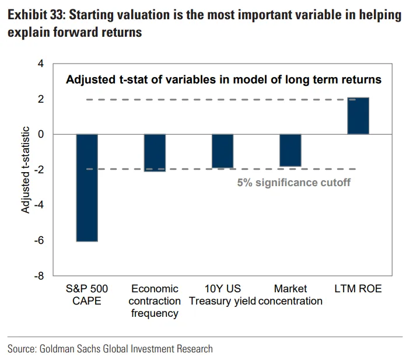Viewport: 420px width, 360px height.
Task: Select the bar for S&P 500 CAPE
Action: (x=87, y=187)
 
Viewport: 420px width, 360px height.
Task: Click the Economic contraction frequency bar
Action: (x=155, y=153)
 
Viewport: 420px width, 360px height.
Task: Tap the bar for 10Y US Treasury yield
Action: (x=222, y=151)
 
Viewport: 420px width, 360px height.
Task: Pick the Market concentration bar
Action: (x=290, y=151)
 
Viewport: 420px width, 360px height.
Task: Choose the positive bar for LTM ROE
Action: (x=358, y=116)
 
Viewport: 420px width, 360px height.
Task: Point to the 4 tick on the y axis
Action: (x=40, y=64)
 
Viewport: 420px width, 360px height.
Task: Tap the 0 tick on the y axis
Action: (x=40, y=134)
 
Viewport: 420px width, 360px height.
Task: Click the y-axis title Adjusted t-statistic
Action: (x=26, y=169)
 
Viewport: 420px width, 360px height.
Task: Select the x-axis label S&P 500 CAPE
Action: (x=87, y=295)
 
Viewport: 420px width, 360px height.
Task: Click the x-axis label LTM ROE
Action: (x=358, y=289)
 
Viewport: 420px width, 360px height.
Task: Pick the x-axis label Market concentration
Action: (x=290, y=295)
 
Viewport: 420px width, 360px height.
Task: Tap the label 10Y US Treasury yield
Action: (x=222, y=295)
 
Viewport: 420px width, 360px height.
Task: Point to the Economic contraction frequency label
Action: (x=155, y=301)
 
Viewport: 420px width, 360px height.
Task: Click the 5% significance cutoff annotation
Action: (x=293, y=183)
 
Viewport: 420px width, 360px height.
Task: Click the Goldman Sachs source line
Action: (x=110, y=349)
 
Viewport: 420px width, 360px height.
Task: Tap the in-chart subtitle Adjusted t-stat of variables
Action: (x=223, y=80)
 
